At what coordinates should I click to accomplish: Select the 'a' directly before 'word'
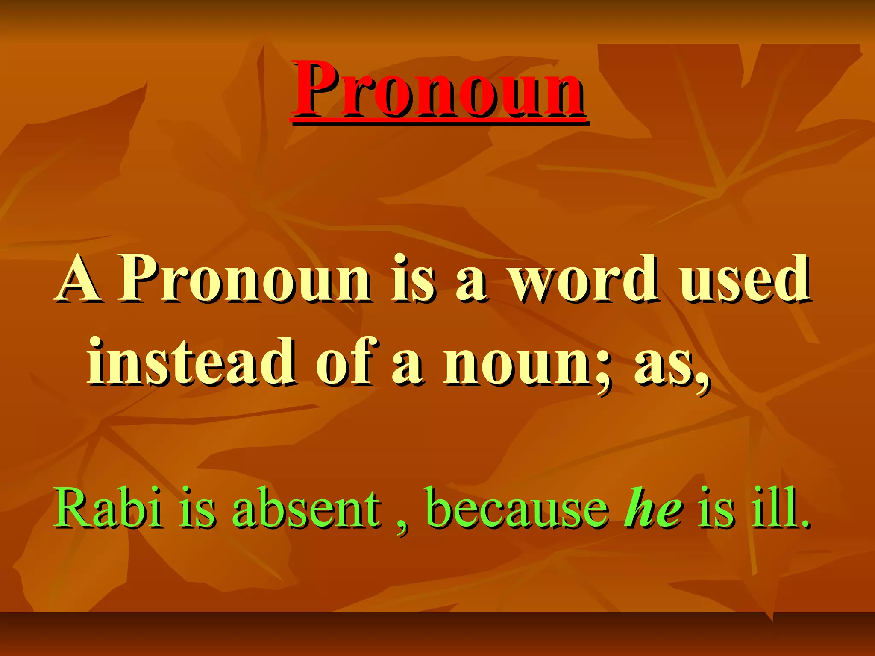point(471,284)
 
